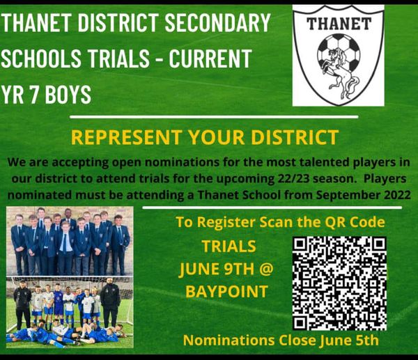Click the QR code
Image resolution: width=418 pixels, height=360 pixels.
pyautogui.click(x=339, y=283)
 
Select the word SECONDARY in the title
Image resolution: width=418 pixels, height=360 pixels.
pyautogui.click(x=221, y=23)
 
